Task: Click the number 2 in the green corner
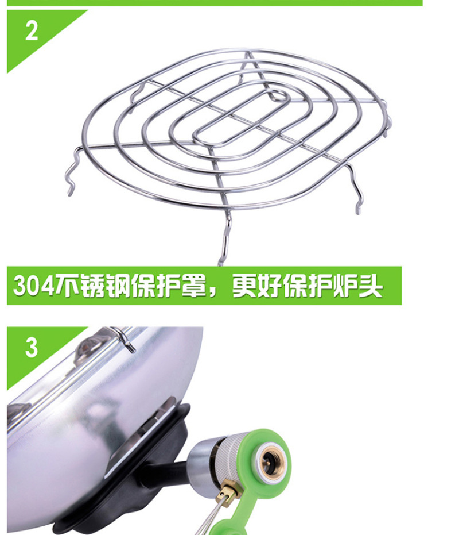click(32, 30)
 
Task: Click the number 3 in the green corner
click(32, 347)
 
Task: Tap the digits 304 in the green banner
click(34, 285)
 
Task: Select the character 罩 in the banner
click(194, 285)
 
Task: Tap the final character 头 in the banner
click(371, 285)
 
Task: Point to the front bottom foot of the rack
click(225, 239)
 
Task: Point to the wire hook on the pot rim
click(123, 337)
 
